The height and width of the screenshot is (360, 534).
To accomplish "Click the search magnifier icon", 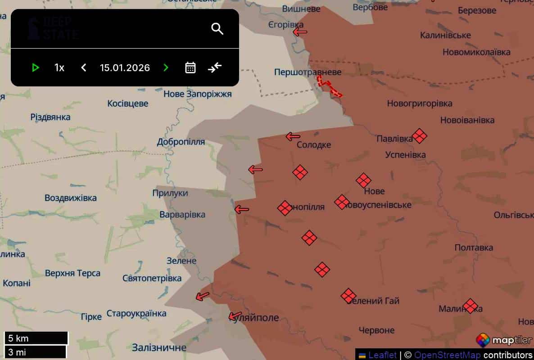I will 217,29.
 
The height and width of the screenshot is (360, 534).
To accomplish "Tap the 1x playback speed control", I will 59,67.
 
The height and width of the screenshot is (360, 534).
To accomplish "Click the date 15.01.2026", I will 125,67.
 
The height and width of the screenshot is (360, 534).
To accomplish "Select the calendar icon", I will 190,67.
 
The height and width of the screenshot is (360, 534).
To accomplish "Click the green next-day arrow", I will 166,67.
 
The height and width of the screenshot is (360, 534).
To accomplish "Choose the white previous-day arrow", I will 83,67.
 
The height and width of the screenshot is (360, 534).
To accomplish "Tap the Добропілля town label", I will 181,142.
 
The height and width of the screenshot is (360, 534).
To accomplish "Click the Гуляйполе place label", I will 255,318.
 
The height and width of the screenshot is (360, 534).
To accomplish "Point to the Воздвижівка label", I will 71,198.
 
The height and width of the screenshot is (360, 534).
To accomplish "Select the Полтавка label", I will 474,247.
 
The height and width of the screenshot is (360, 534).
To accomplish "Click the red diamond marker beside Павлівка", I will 420,135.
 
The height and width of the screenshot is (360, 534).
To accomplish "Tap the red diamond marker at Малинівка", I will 470,306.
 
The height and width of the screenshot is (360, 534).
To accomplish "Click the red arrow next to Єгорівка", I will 300,32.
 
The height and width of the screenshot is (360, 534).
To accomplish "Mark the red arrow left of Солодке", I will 293,136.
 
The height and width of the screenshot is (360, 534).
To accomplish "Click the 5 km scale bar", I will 36,338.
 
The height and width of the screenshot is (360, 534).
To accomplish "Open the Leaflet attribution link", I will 382,355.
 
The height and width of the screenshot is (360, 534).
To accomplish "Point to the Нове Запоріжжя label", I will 197,94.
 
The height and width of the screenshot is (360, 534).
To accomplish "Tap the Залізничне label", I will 159,347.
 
